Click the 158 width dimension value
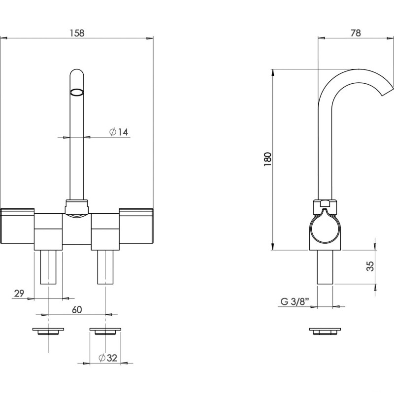[x=77, y=33]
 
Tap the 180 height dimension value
[x=268, y=159]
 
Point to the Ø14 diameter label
[x=119, y=132]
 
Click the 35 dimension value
[x=371, y=266]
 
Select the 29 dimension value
[x=19, y=294]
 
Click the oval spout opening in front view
[x=77, y=92]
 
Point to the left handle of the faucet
[x=17, y=226]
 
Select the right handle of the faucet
[x=136, y=226]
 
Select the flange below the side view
[x=325, y=330]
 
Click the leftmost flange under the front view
[x=48, y=330]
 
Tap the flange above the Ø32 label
[x=105, y=330]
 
